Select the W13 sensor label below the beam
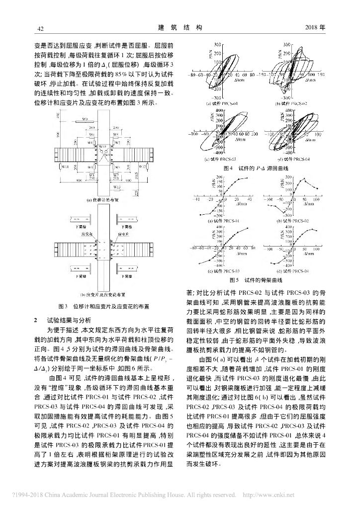[115, 187]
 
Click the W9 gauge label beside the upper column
[85, 119]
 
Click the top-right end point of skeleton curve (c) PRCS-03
[248, 228]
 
